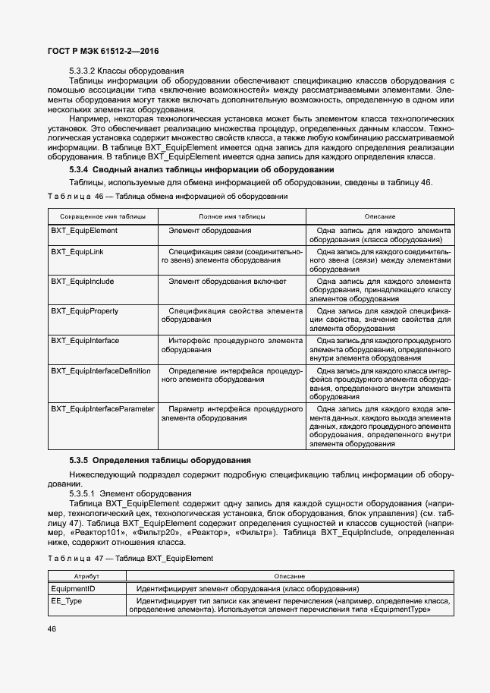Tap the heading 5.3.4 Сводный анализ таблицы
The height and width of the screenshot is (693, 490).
click(x=202, y=169)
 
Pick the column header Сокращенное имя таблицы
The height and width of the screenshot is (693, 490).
click(x=103, y=216)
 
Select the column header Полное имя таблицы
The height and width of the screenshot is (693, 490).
click(x=232, y=216)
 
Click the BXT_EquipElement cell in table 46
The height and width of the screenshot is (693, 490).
click(x=84, y=230)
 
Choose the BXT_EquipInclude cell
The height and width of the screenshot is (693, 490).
click(x=83, y=282)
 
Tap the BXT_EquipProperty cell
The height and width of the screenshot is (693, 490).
click(x=86, y=311)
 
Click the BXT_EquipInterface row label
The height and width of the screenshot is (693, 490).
click(x=85, y=341)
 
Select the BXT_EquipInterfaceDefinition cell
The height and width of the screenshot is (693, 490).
click(x=101, y=370)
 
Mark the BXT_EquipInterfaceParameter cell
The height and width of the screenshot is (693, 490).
click(x=103, y=408)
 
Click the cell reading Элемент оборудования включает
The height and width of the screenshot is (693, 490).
click(x=228, y=282)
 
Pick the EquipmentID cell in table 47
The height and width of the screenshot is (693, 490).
click(x=72, y=589)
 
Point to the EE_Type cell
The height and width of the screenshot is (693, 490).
click(x=68, y=600)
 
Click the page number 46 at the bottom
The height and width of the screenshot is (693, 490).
click(x=52, y=628)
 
